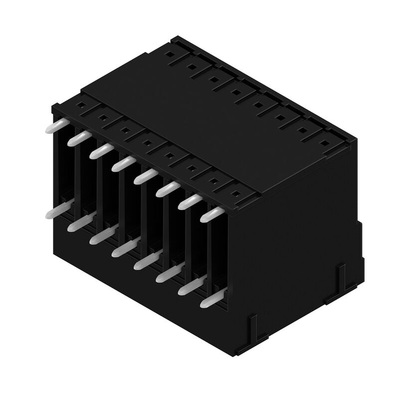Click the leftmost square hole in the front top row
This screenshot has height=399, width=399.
click(x=80, y=106)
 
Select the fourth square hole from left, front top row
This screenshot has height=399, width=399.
click(x=147, y=144)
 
